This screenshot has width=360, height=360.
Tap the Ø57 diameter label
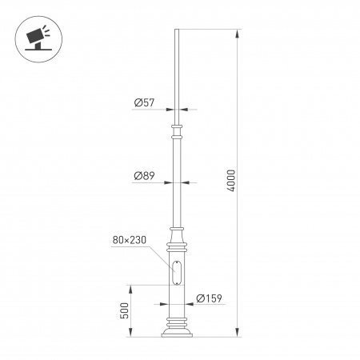144,102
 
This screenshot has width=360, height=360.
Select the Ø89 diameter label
144,176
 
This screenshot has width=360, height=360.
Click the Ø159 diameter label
209,299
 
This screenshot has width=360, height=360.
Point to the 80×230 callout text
128,239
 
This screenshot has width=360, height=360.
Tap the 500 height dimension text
125,310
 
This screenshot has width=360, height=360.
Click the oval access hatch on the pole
177,272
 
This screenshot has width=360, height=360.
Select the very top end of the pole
176,31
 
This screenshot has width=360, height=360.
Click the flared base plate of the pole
177,331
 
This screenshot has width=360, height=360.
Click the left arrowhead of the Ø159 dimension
165,305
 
